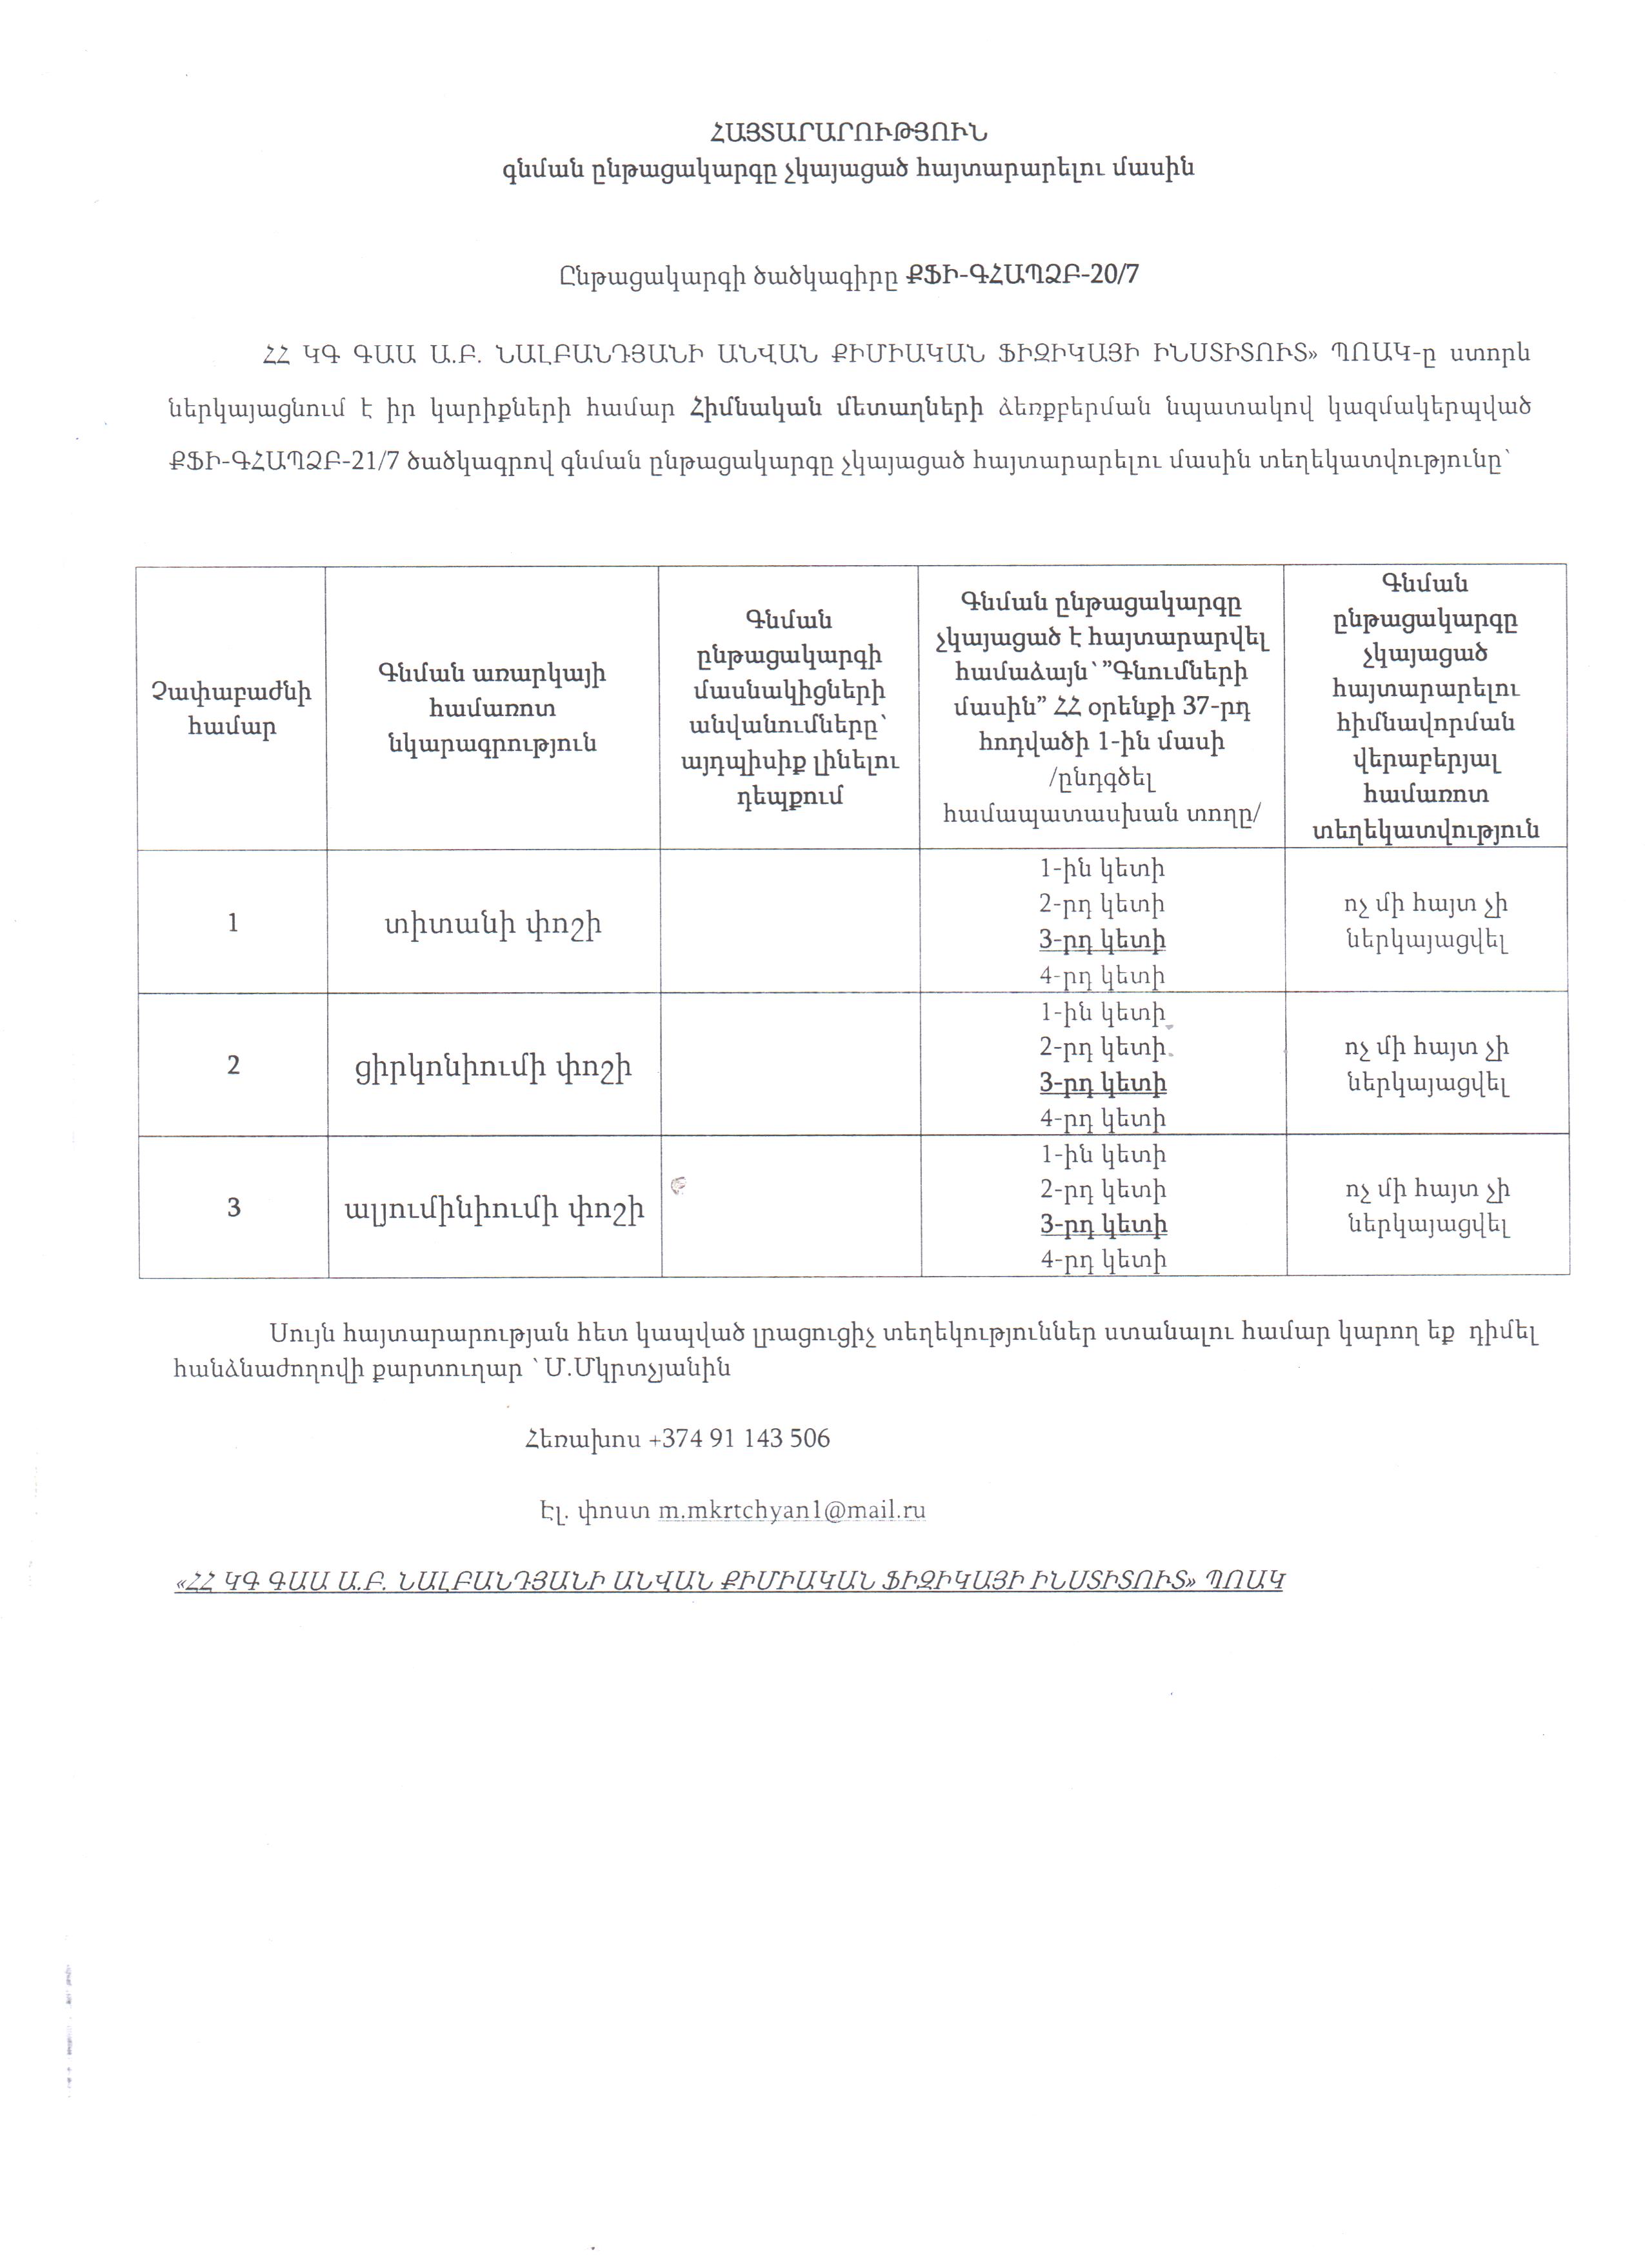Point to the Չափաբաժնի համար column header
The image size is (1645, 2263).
coord(232,708)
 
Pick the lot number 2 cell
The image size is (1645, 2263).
coord(234,1066)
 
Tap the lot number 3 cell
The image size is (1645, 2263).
coord(234,1208)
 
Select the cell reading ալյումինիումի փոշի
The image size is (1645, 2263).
coord(495,1210)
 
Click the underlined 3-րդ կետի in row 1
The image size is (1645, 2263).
coord(1102,940)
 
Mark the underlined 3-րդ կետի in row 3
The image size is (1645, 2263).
coord(1103,1224)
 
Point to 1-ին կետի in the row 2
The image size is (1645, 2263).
coord(1102,1013)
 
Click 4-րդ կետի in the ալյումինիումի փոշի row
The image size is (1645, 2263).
coord(1103,1261)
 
